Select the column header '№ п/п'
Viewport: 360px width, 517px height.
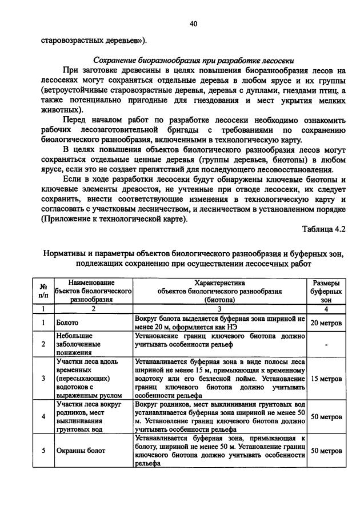tap(43, 291)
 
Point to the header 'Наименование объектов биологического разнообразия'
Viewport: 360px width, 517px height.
tap(94, 291)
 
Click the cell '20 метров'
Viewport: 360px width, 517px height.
tap(326, 323)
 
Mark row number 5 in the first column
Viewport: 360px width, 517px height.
tap(43, 451)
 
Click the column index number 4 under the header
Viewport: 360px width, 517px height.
tap(326, 309)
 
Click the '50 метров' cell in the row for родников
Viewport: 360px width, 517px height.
tap(326, 417)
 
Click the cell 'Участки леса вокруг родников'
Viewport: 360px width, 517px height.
tap(81, 417)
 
